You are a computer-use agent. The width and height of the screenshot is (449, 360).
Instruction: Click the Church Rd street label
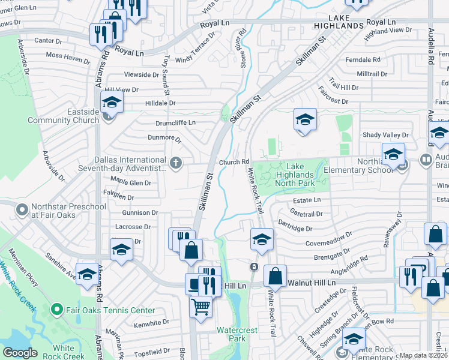pyautogui.click(x=234, y=162)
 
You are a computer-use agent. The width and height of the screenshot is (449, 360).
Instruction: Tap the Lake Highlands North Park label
pyautogui.click(x=295, y=175)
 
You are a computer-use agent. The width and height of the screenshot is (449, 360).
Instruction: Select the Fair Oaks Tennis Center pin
pyautogui.click(x=57, y=310)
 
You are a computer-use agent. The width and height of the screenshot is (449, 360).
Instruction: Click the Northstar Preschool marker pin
pyautogui.click(x=22, y=210)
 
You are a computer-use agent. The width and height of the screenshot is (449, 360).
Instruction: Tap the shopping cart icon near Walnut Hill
pyautogui.click(x=200, y=307)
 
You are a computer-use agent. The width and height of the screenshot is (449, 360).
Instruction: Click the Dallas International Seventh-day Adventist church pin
pyautogui.click(x=176, y=164)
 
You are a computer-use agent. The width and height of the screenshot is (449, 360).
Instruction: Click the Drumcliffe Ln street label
pyautogui.click(x=176, y=122)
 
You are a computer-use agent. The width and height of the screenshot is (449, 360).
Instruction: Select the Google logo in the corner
pyautogui.click(x=20, y=353)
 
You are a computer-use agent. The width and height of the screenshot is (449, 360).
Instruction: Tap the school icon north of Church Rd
pyautogui.click(x=305, y=120)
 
